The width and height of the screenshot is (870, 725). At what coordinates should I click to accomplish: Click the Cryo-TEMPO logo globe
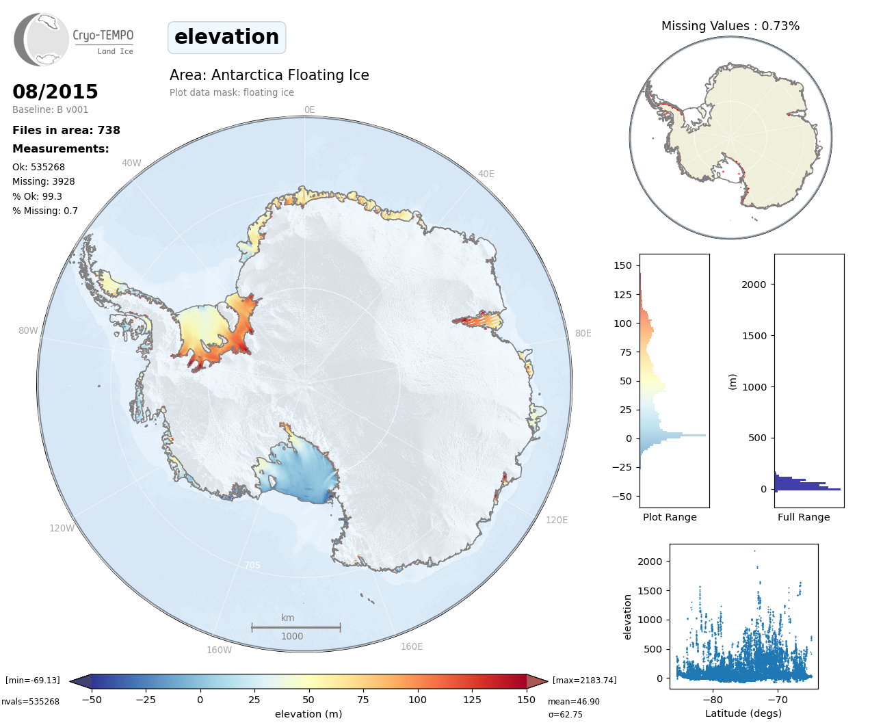click(42, 40)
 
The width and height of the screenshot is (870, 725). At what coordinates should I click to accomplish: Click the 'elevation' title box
click(226, 37)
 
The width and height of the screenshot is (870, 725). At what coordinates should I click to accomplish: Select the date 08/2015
click(55, 92)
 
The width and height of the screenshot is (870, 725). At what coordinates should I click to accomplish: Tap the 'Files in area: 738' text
click(66, 130)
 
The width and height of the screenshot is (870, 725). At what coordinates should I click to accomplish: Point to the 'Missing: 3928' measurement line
click(44, 181)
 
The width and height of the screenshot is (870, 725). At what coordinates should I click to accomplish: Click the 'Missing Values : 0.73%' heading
click(730, 26)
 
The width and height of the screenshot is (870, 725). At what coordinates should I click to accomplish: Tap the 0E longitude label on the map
click(309, 109)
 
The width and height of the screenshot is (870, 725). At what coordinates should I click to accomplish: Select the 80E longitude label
click(583, 333)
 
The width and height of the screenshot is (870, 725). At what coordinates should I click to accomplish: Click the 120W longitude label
click(62, 528)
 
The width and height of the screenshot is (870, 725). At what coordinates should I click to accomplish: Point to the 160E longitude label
click(412, 646)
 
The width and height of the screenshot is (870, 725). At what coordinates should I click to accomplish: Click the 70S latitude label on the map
click(252, 565)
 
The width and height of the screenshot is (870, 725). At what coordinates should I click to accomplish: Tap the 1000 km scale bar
click(295, 627)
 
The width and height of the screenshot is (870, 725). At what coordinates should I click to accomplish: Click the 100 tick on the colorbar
click(417, 700)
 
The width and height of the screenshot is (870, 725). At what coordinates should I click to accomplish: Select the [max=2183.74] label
click(584, 680)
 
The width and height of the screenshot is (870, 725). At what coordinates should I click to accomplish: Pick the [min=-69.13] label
click(33, 680)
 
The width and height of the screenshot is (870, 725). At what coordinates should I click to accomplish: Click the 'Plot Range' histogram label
click(670, 517)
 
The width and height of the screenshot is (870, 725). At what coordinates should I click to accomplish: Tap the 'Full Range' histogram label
click(804, 517)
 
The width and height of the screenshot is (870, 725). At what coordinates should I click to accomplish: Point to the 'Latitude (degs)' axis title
click(743, 713)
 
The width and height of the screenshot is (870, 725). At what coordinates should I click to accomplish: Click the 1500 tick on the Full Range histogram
click(754, 336)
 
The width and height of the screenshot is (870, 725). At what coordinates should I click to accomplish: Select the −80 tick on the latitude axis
click(713, 700)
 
